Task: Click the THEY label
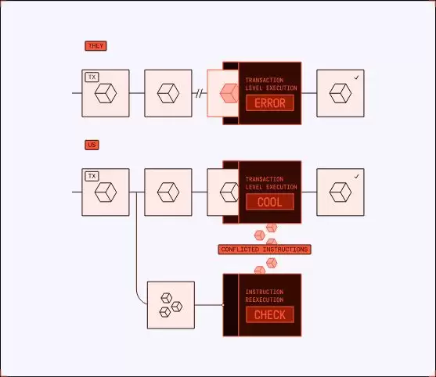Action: click(x=95, y=46)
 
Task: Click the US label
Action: click(x=92, y=145)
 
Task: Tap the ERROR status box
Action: click(x=269, y=103)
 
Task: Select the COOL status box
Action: click(x=269, y=202)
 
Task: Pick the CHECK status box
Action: click(x=269, y=314)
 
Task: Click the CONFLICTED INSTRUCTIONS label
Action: click(x=265, y=250)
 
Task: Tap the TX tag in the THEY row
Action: click(x=92, y=77)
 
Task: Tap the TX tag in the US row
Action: click(x=92, y=176)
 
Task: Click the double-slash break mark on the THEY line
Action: click(x=200, y=94)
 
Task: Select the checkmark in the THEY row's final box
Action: click(x=356, y=77)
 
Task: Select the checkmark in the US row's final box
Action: click(x=356, y=177)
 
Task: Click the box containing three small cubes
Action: click(x=171, y=305)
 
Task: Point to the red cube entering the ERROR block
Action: click(x=228, y=94)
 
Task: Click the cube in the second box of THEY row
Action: click(x=168, y=94)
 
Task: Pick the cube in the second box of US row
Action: click(x=168, y=192)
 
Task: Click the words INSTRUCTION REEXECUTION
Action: click(x=265, y=296)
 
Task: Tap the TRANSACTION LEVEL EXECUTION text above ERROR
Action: click(x=269, y=84)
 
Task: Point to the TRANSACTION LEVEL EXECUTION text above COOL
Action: click(x=269, y=183)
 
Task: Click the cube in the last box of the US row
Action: click(x=340, y=192)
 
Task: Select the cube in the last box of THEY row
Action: click(x=340, y=94)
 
